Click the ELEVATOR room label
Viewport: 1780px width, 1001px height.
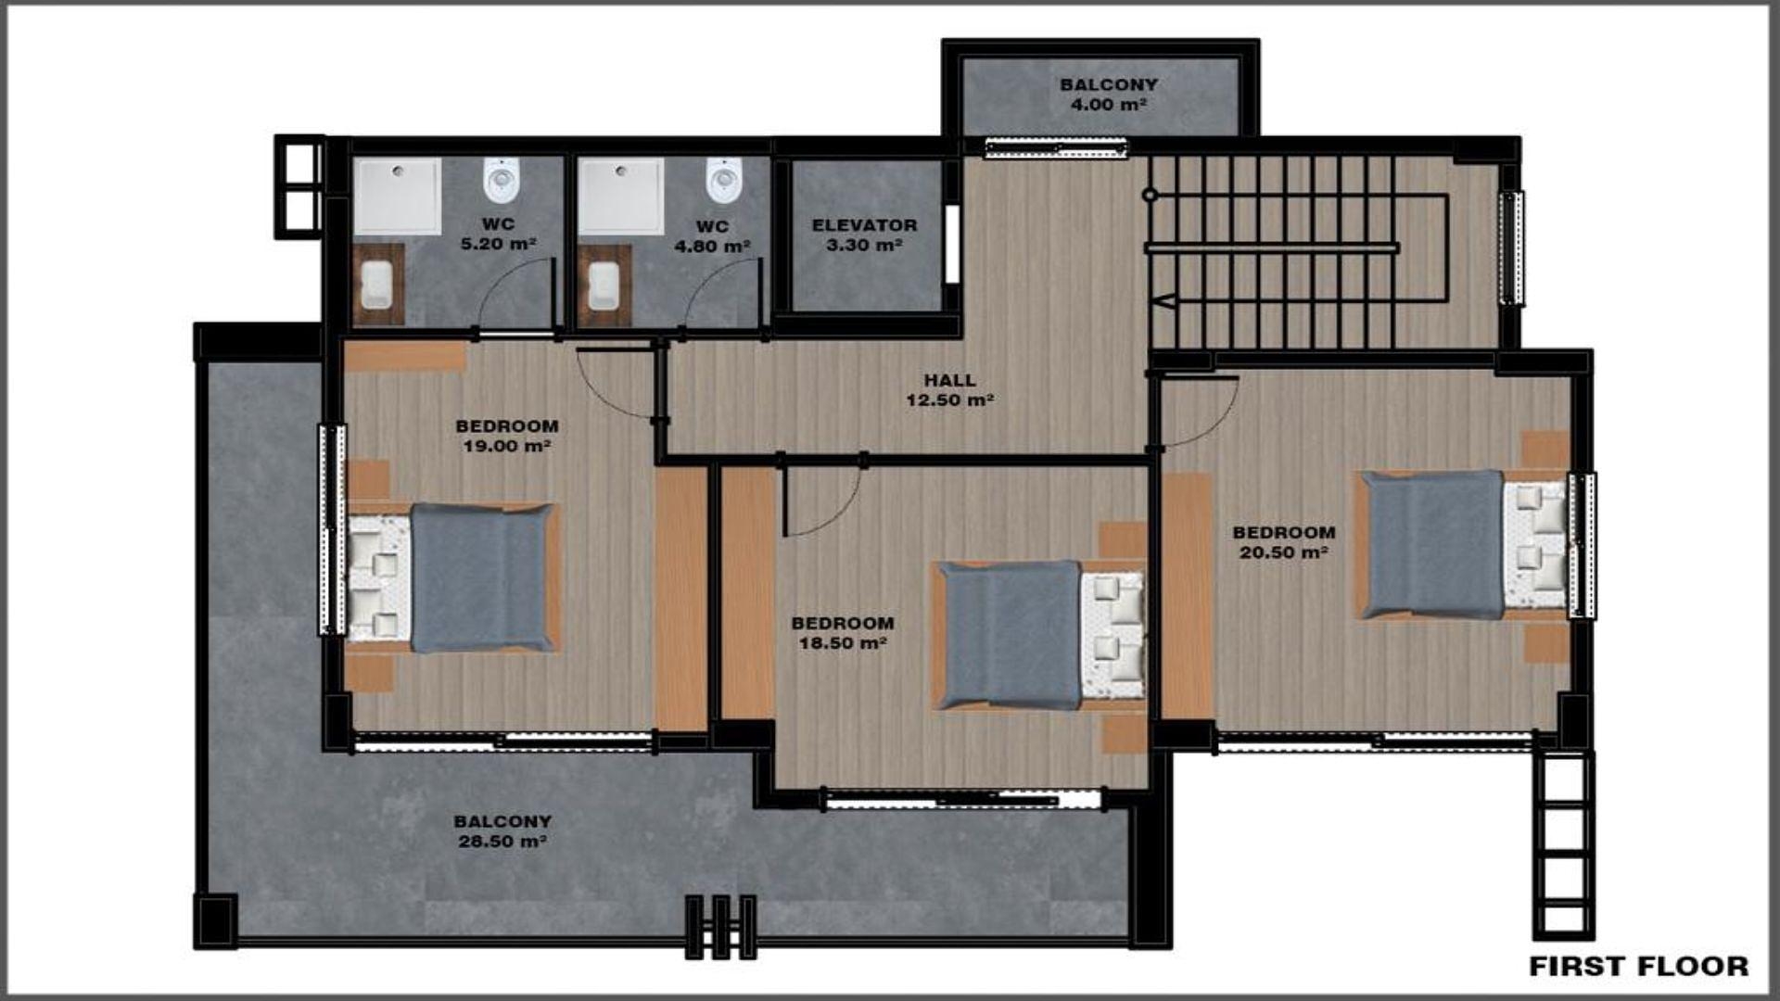864,225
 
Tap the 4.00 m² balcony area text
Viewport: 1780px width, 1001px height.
1109,105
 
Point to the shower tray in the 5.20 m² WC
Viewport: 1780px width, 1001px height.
398,196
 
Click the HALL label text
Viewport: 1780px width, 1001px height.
949,380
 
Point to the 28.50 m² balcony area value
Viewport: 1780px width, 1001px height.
502,842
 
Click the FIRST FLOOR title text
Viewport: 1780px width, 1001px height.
1638,966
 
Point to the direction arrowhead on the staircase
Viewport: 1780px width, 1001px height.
1165,300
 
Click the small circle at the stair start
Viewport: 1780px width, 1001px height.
1150,195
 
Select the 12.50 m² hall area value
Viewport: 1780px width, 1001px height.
949,400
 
